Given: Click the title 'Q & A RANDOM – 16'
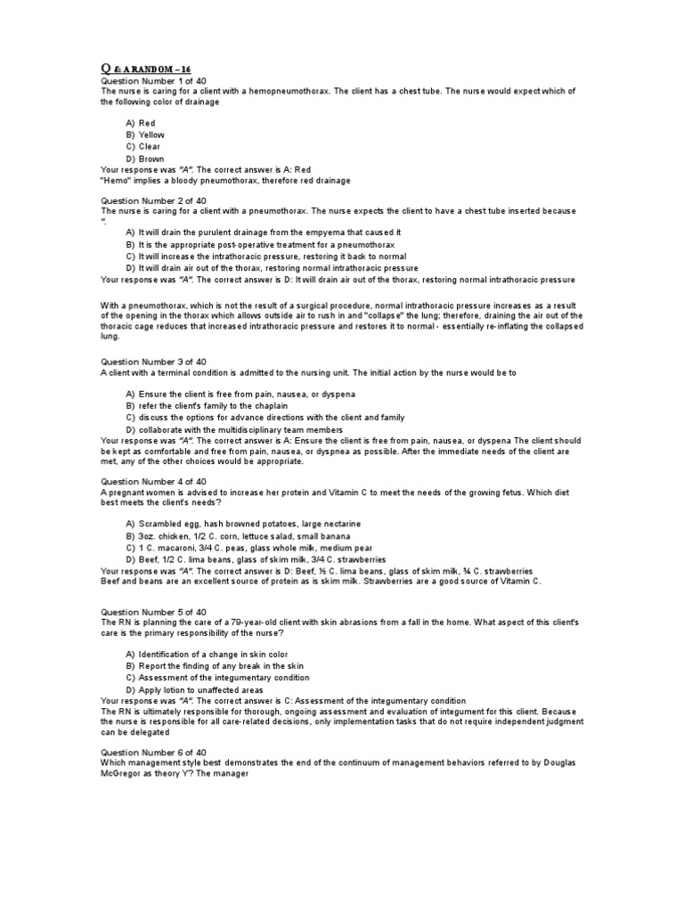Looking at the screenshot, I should tap(145, 68).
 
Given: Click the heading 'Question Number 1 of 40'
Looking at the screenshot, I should tap(152, 80).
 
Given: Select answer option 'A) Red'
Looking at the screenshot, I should tap(141, 123).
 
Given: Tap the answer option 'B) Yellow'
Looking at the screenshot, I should tap(145, 134).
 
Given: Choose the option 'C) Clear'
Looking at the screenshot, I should tap(143, 146).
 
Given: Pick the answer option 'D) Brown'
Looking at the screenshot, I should tap(145, 159).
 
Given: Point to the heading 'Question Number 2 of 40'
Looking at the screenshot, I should tap(152, 200).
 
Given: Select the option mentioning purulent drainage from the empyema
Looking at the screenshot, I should tap(264, 232).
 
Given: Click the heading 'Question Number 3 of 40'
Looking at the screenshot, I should tap(152, 362).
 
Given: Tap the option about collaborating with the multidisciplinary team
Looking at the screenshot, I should tap(246, 428).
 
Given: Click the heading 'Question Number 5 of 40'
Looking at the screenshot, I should tap(152, 612).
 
